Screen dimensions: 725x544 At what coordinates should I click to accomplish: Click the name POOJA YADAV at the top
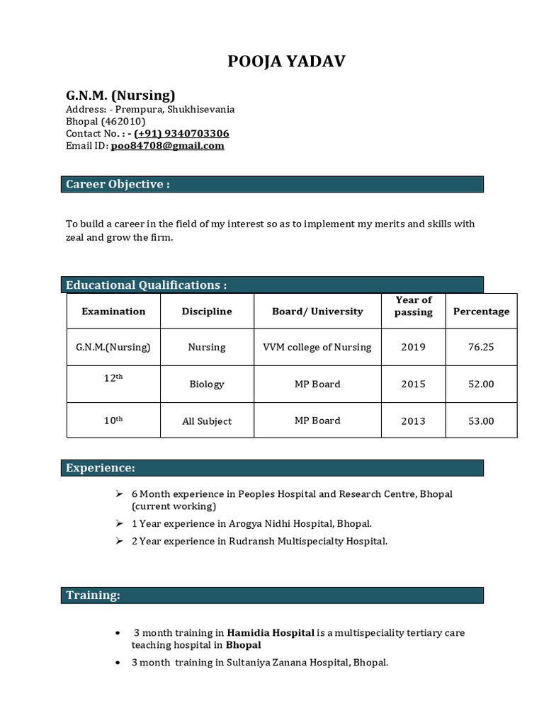tap(286, 62)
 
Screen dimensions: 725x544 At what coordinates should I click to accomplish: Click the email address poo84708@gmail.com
tap(167, 146)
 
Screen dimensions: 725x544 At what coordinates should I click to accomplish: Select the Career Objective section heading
tap(118, 184)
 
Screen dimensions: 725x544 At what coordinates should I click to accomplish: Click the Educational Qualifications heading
tap(146, 285)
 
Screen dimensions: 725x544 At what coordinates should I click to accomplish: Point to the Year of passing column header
tap(413, 306)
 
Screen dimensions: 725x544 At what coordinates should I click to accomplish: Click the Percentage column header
tap(481, 312)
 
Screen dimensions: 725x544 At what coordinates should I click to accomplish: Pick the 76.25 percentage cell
tap(481, 347)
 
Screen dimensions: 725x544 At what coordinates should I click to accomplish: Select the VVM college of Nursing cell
tap(317, 347)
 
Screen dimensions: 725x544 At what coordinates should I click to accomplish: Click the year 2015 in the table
tap(413, 384)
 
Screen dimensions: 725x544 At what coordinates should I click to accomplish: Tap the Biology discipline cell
tap(206, 384)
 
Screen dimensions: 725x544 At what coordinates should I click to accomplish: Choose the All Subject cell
tap(206, 421)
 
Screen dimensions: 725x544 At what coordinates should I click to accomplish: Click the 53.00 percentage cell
tap(481, 421)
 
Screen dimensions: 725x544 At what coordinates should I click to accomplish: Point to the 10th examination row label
tap(113, 420)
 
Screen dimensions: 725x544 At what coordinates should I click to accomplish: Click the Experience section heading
tap(100, 467)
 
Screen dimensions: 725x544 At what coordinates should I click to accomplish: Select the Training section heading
tap(93, 595)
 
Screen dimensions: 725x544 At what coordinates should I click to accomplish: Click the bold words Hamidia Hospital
tap(271, 632)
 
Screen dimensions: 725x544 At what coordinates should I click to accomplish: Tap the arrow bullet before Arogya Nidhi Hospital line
tap(119, 523)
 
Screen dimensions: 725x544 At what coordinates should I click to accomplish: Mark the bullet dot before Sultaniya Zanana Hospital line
tap(118, 663)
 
